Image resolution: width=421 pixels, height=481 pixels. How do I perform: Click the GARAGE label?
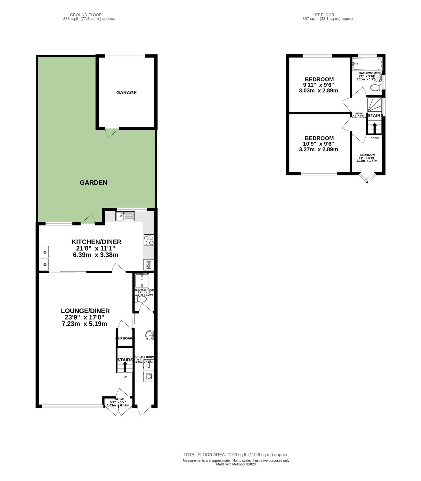[126, 92]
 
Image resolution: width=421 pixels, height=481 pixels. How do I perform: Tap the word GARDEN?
[93, 183]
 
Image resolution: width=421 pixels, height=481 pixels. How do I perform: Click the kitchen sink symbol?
[125, 216]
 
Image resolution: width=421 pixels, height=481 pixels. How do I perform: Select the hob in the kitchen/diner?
[149, 240]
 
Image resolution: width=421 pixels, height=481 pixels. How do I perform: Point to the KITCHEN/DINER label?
[96, 242]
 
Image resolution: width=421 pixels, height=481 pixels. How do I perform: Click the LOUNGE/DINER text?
[85, 311]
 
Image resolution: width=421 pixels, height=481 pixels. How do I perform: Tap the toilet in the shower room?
[141, 300]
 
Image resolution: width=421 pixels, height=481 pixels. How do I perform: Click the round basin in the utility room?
[150, 335]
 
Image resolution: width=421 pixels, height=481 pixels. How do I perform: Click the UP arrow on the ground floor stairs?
[125, 367]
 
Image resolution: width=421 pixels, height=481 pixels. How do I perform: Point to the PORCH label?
[118, 399]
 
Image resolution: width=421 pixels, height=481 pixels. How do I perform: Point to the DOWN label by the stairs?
[374, 138]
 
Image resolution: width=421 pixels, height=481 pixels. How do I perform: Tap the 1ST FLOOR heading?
[323, 15]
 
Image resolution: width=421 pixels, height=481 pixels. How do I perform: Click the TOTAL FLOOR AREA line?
[236, 455]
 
